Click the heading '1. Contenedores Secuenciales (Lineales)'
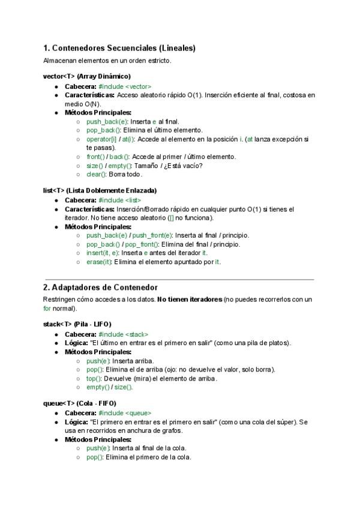119,48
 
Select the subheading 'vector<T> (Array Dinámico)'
87,76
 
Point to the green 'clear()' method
97,174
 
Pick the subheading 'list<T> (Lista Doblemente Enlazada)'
100,190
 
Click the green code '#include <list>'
120,200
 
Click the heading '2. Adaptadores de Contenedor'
100,288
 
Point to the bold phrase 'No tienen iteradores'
189,299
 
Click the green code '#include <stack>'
124,334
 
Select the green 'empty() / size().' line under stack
109,387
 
